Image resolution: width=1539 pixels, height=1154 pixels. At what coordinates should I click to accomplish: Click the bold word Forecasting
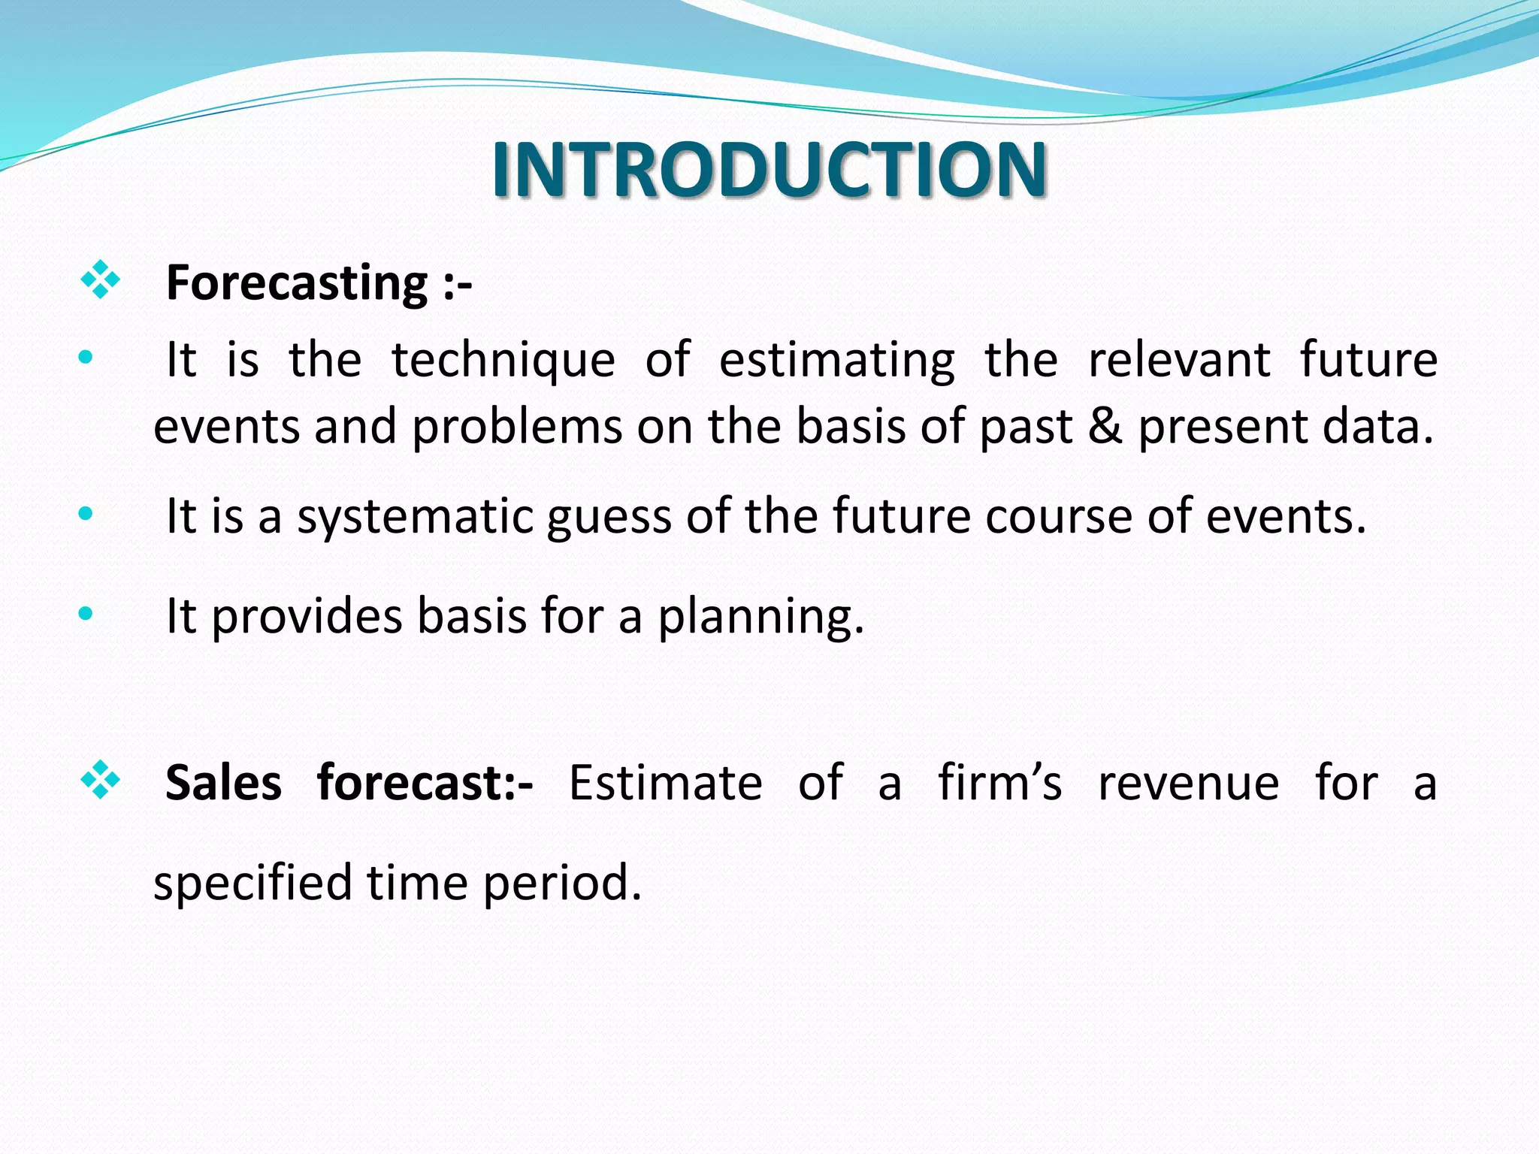[x=297, y=283]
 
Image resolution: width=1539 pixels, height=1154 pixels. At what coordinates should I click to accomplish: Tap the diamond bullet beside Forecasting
[x=100, y=280]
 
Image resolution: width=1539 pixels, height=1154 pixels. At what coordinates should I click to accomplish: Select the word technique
[x=503, y=361]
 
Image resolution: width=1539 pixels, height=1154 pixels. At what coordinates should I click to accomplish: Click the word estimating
[x=836, y=361]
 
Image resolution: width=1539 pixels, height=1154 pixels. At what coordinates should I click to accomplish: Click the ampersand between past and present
[x=1105, y=427]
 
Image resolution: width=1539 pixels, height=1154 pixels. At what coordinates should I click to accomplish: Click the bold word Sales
[x=223, y=783]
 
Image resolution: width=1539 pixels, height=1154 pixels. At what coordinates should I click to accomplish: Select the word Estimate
[x=665, y=783]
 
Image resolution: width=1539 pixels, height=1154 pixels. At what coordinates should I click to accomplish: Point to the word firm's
[x=1000, y=783]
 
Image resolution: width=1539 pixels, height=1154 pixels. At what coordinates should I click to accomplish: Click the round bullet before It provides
[x=86, y=614]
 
